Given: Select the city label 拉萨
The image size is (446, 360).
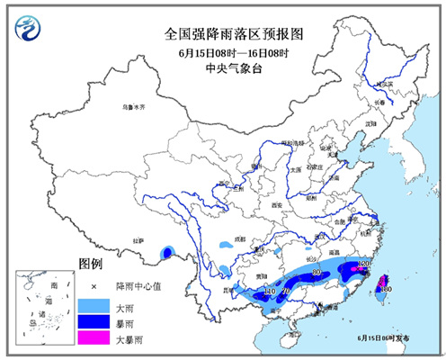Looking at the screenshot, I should pos(138,241).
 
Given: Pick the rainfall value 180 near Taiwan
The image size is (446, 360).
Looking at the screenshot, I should pos(386,289).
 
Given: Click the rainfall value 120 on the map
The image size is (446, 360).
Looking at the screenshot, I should pos(364,265).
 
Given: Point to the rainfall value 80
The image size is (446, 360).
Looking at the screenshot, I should pos(316,271).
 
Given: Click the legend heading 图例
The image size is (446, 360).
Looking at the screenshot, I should pos(92,266).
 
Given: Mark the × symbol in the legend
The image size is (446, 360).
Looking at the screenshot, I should pos(92,286).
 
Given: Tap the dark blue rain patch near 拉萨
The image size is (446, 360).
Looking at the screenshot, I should pos(167,254).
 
